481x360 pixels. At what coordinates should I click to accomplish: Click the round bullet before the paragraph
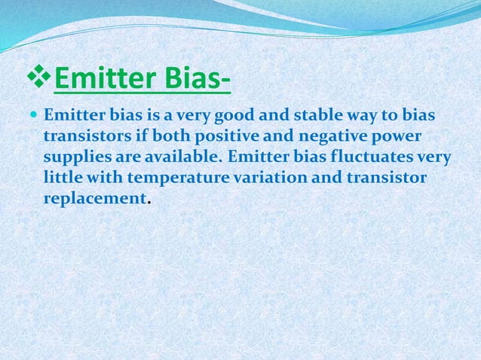[35, 117]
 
